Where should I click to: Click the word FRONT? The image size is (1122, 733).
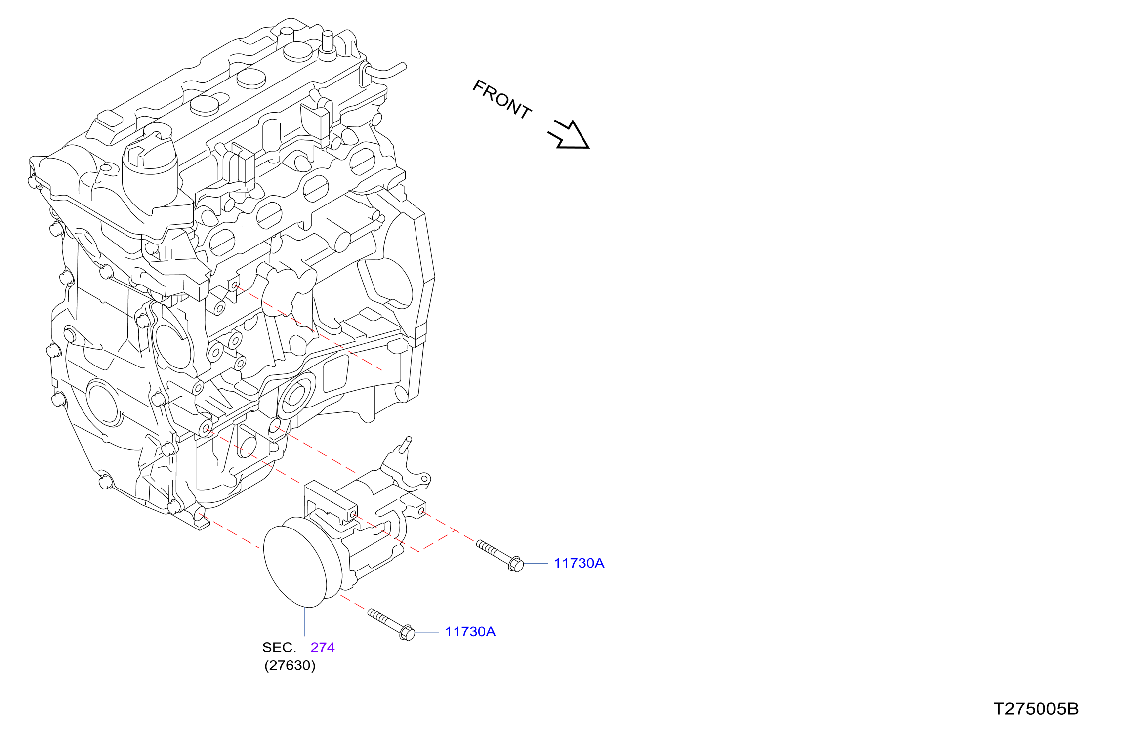502,100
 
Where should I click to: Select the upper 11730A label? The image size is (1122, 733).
579,563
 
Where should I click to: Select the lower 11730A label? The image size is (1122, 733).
470,632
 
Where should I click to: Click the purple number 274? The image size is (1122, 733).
323,647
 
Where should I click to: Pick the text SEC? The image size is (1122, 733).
279,647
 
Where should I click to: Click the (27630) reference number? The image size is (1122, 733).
290,665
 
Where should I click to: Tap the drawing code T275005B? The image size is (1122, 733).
1036,709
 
